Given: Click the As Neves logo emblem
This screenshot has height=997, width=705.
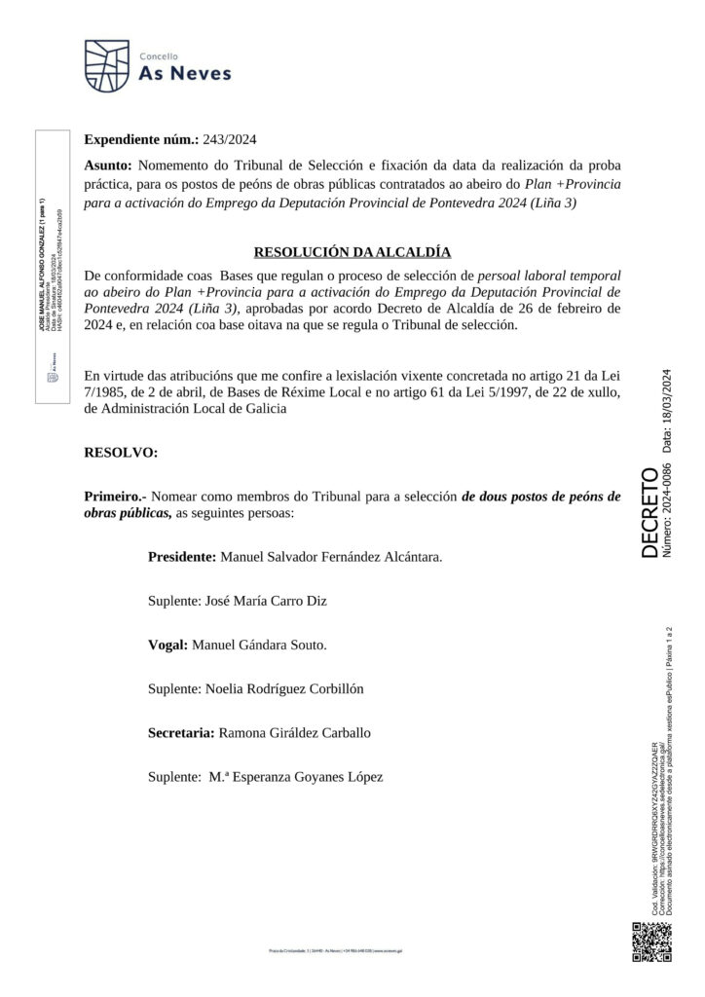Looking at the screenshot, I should pyautogui.click(x=107, y=63).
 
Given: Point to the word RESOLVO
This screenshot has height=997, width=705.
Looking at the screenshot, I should pyautogui.click(x=121, y=453).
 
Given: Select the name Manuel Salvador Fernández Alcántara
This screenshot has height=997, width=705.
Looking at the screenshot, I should pyautogui.click(x=331, y=558).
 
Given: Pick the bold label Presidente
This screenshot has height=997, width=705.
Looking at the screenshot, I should pyautogui.click(x=181, y=558).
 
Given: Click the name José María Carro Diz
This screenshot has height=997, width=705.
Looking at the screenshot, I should pyautogui.click(x=264, y=601).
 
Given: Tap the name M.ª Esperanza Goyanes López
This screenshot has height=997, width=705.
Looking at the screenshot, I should pyautogui.click(x=296, y=776).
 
